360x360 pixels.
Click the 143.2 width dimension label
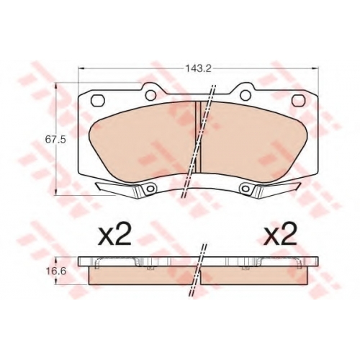(x=198, y=68)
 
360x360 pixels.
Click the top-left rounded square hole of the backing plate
(x=99, y=100)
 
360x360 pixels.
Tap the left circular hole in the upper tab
(x=150, y=95)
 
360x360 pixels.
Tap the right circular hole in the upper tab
(x=246, y=95)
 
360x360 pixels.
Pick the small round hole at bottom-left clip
(x=150, y=189)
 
